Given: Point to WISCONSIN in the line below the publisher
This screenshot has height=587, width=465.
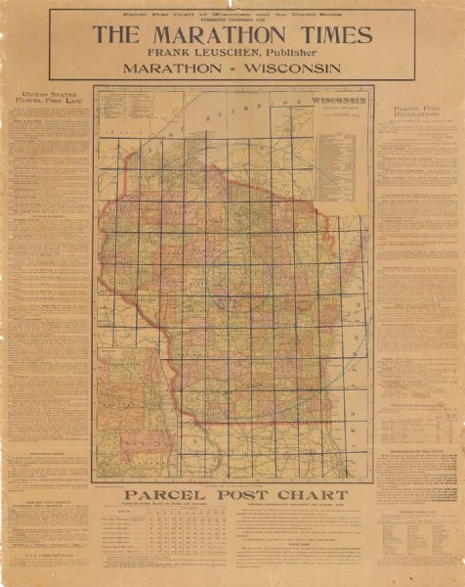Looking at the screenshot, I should tap(291, 68).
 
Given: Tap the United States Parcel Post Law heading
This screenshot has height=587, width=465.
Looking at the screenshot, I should tap(45, 101).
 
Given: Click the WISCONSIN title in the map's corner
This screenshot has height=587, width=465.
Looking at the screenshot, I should tap(338, 100).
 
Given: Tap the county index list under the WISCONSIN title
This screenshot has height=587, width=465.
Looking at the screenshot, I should tap(339, 147).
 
